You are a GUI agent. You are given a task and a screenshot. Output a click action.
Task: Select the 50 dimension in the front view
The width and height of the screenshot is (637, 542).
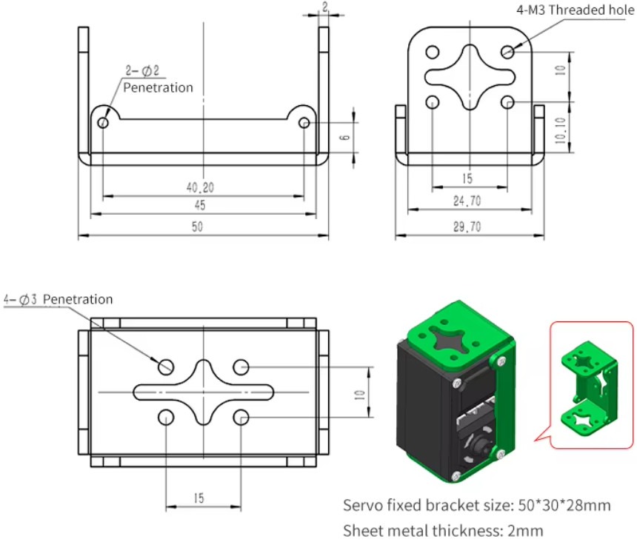[x=197, y=227]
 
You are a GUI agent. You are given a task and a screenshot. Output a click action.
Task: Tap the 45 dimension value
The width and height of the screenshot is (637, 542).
[x=200, y=206]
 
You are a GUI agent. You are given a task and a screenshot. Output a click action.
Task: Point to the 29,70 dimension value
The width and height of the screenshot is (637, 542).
[x=467, y=227]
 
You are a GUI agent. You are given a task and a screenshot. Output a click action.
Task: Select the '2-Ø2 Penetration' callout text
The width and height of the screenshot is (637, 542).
[x=157, y=80]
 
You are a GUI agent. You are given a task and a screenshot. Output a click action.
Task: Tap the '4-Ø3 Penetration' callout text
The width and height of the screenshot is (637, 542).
[x=59, y=299]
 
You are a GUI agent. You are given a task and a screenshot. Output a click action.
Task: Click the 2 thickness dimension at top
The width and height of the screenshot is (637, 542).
[x=324, y=7]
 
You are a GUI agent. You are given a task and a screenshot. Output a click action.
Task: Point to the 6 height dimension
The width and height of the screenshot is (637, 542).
[x=344, y=138]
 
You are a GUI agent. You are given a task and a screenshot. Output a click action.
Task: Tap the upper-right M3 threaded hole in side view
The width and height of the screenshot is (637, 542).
[x=507, y=52]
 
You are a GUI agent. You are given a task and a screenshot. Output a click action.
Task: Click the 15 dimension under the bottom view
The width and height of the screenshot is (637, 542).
[x=199, y=498]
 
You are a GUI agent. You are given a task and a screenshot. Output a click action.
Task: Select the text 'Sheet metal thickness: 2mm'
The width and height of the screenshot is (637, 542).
[x=443, y=530]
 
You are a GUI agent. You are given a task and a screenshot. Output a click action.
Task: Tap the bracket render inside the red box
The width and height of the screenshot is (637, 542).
[x=590, y=385]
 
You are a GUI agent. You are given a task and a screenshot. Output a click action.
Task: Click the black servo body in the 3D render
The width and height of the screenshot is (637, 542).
[x=422, y=415]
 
